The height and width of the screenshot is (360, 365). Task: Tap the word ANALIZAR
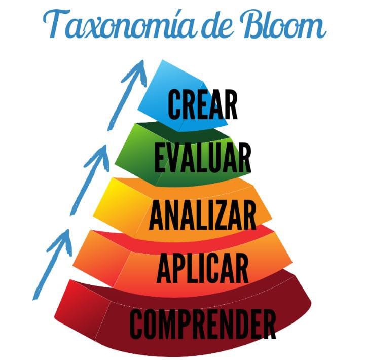click(202, 215)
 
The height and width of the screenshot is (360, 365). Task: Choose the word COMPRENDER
click(203, 323)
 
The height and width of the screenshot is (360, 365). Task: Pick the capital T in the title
click(56, 23)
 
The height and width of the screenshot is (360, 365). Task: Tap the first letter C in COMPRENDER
click(138, 323)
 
